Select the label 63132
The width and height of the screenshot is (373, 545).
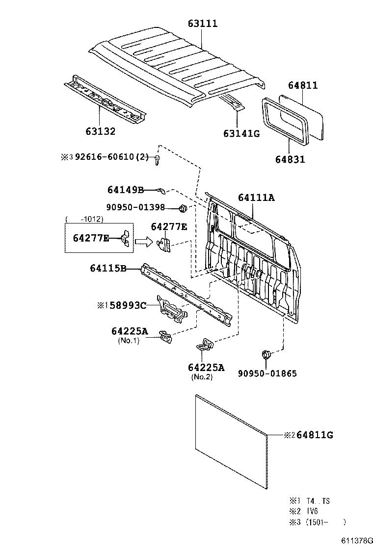[100, 131]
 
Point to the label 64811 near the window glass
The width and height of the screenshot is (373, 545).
[303, 85]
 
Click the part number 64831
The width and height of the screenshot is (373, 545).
[290, 159]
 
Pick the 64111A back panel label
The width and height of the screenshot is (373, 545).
[256, 198]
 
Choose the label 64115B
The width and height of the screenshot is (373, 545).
[108, 268]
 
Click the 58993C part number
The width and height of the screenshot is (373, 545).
[127, 305]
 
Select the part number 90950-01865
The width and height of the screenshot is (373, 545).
[267, 373]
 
